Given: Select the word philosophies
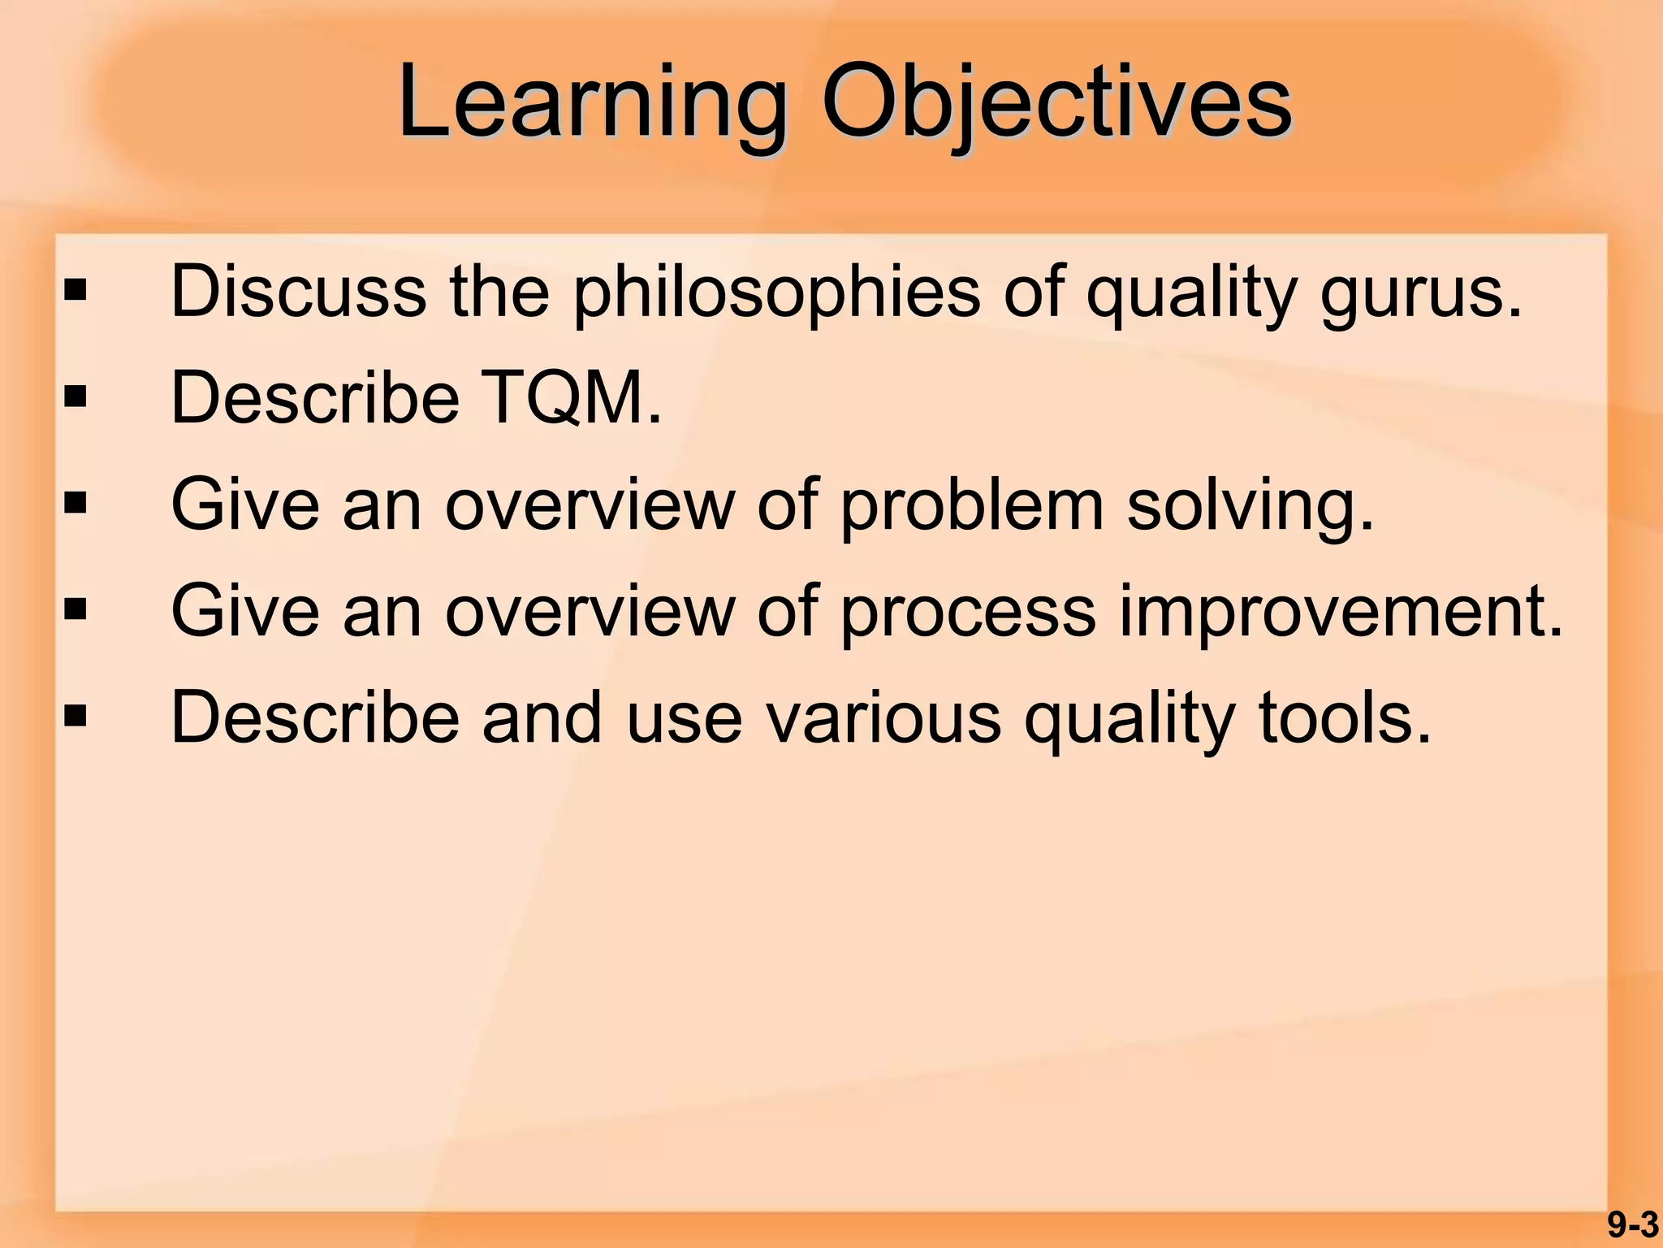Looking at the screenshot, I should pos(776,292).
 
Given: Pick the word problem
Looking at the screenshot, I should pos(972,506).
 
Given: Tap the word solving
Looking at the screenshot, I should pos(1250,506).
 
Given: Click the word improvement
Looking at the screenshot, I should pos(1340,612).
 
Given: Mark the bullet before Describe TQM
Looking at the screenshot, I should pos(76,397).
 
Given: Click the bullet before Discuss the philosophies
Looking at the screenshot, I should pos(76,291).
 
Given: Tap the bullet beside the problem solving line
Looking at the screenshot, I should pos(76,504).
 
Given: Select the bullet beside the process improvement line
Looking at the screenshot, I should pos(76,610).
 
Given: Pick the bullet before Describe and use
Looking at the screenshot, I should pos(76,717).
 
